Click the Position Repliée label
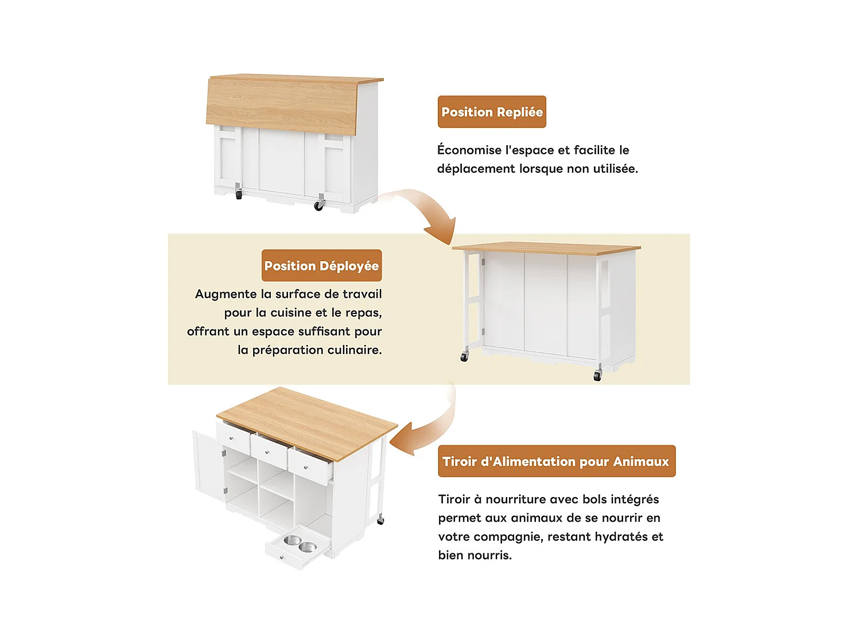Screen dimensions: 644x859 (492, 112)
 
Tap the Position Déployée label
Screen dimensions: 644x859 (321, 266)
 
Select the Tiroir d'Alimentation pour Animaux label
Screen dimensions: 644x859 (556, 461)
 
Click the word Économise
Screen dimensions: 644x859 (469, 150)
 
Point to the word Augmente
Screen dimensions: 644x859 (226, 294)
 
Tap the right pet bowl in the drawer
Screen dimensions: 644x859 (308, 546)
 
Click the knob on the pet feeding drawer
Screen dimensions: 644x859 (281, 557)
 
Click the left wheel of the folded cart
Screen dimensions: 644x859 (239, 195)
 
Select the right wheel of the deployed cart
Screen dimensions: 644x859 (597, 376)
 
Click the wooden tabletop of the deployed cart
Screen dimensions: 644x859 (545, 249)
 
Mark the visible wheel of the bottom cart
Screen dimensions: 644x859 (380, 520)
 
